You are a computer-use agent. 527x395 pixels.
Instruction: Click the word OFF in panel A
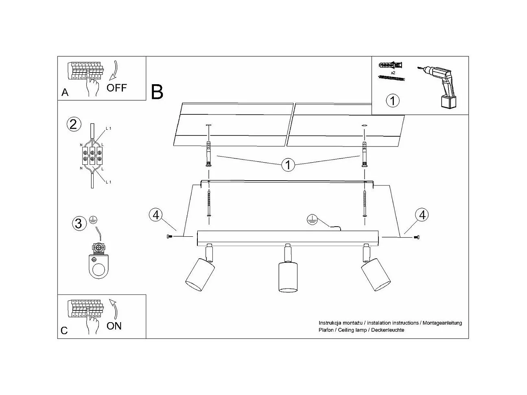click(x=117, y=87)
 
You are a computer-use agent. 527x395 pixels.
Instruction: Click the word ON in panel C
click(x=114, y=325)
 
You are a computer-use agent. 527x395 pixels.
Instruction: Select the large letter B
click(x=157, y=92)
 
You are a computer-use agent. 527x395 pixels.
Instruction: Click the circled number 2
click(x=73, y=124)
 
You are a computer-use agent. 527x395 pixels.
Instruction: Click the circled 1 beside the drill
click(x=392, y=100)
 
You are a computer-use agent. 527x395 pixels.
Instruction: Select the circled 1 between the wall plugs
click(x=288, y=165)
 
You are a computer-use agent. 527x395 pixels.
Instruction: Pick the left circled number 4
click(x=155, y=214)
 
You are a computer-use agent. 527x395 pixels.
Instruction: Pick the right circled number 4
click(x=422, y=214)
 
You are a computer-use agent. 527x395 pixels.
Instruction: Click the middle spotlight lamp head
click(x=288, y=277)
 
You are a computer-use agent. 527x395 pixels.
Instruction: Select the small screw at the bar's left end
click(x=169, y=236)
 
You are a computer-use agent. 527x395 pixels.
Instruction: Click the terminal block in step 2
click(x=92, y=154)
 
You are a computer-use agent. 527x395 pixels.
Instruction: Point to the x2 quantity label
click(x=393, y=72)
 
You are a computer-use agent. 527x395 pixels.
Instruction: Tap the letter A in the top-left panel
click(x=65, y=93)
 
